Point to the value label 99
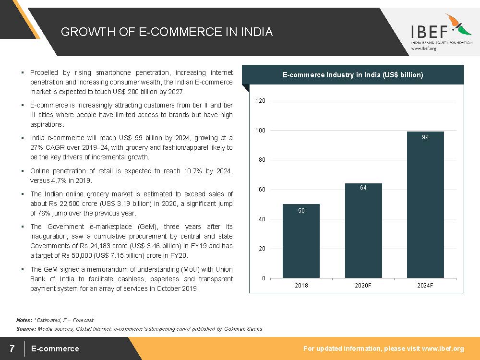[x=425, y=137]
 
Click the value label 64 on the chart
[x=363, y=188]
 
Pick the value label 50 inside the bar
[x=301, y=210]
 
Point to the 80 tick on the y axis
[x=262, y=160]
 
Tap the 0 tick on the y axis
[x=263, y=278]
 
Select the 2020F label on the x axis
[x=363, y=286]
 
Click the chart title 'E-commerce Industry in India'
[x=353, y=75]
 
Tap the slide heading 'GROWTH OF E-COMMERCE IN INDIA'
[x=167, y=32]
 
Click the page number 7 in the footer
[x=12, y=348]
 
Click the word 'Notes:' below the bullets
[x=24, y=320]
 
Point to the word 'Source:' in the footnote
[x=26, y=329]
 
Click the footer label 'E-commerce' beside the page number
[x=55, y=348]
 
